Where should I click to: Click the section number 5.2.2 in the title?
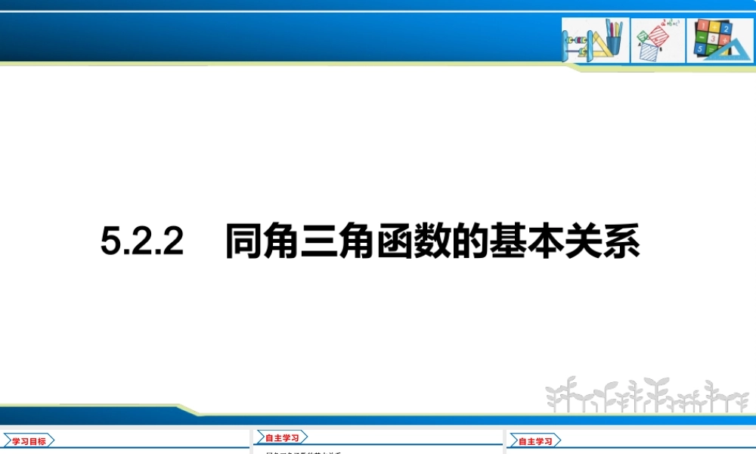tap(142, 243)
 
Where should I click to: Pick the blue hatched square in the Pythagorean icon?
tap(649, 51)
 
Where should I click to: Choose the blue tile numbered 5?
tap(700, 49)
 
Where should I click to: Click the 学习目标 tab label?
tap(29, 441)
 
